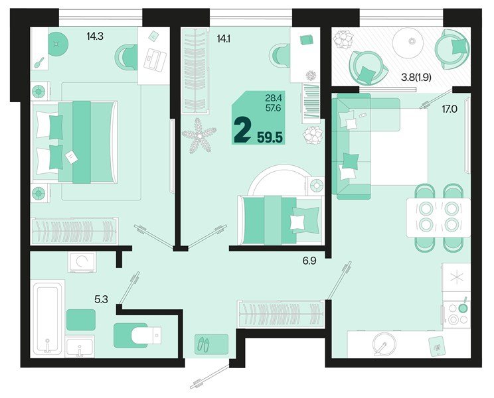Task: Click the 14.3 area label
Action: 95,36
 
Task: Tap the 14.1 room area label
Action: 224,38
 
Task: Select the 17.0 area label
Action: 450,109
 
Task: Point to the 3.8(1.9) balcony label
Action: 416,77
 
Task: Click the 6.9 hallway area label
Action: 309,261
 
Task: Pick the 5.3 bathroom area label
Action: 101,299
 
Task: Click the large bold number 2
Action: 242,133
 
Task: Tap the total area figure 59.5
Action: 270,137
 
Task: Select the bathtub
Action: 48,318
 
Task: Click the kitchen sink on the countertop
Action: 384,345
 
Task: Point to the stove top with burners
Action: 457,314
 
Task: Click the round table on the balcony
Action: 410,43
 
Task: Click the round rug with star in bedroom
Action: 57,44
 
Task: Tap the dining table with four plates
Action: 438,217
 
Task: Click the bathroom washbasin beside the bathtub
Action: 80,346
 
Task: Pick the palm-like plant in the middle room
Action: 199,136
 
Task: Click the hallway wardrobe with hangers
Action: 280,314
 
